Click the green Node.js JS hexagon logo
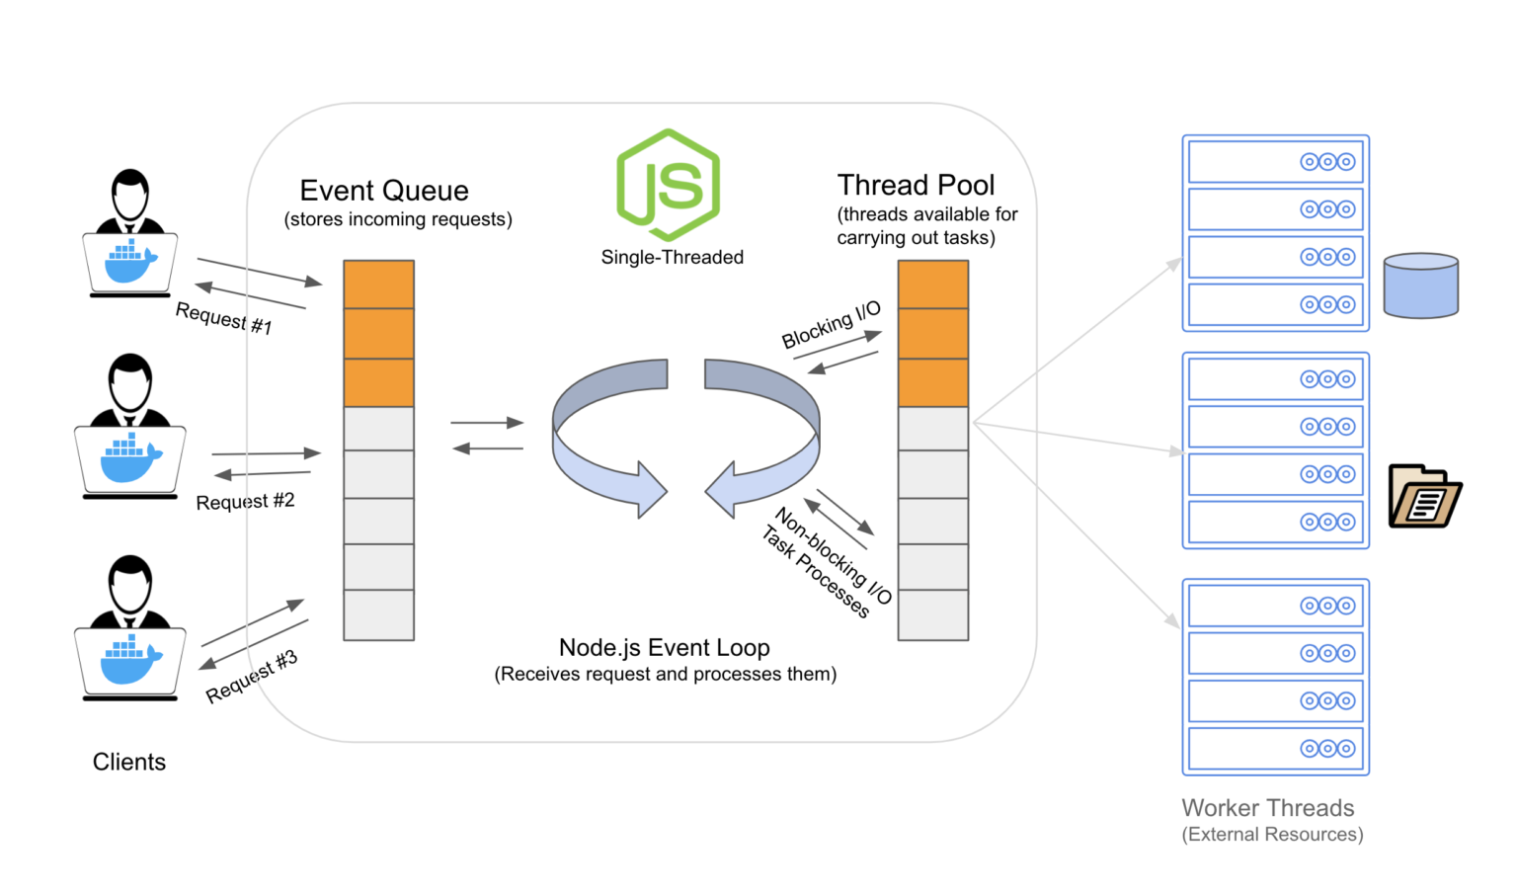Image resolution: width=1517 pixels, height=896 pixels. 669,185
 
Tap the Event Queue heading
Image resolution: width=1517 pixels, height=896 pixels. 384,191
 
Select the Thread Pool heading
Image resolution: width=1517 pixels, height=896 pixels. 916,186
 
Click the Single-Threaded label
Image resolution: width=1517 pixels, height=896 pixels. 672,258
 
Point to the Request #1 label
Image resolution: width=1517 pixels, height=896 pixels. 223,319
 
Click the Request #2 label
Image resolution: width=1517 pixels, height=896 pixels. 245,502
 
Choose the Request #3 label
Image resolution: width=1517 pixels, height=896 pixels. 251,677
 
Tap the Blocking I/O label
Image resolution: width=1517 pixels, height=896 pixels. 831,325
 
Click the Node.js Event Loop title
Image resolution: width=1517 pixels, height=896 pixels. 664,648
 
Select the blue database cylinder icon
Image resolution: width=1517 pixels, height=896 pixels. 1420,286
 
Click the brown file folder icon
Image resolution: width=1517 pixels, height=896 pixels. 1424,497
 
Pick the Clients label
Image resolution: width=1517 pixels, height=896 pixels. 128,762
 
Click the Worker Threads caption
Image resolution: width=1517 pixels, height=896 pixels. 1267,808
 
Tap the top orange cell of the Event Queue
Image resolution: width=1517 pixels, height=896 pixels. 378,285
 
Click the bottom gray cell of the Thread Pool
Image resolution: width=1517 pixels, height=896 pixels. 932,615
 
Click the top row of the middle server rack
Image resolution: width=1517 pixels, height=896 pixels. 1275,379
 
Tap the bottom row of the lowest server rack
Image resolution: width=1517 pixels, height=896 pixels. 1275,749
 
